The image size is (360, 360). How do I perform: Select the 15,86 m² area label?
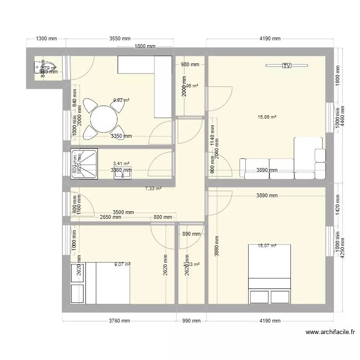click(267, 117)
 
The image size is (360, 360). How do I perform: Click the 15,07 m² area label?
click(267, 246)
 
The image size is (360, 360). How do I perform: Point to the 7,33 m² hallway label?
click(153, 189)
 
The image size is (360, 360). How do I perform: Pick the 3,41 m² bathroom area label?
click(121, 163)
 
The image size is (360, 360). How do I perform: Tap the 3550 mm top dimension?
click(120, 38)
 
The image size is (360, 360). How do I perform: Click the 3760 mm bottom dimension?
click(119, 321)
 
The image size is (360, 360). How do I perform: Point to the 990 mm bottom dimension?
click(191, 321)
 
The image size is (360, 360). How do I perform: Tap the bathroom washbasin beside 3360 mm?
click(123, 174)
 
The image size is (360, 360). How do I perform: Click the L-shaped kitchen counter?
click(154, 77)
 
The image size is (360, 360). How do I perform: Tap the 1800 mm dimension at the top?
click(144, 46)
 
